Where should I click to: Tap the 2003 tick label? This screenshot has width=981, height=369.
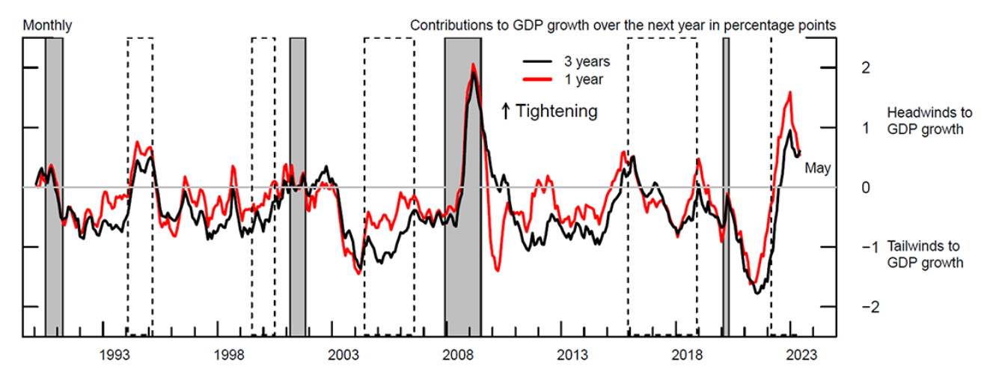(x=343, y=353)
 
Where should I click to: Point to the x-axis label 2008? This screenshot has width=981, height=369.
(x=457, y=353)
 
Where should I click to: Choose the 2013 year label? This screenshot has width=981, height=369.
(x=572, y=353)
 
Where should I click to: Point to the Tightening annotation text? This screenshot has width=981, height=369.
(x=557, y=112)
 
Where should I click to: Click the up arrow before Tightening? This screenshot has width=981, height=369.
(x=506, y=112)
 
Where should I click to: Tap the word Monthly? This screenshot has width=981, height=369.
(x=48, y=25)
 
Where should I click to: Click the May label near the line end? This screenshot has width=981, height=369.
(x=818, y=168)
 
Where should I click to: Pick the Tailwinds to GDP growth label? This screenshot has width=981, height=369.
(x=924, y=254)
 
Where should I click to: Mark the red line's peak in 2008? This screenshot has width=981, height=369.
(x=473, y=64)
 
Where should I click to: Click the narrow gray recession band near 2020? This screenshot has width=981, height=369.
(x=725, y=187)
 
